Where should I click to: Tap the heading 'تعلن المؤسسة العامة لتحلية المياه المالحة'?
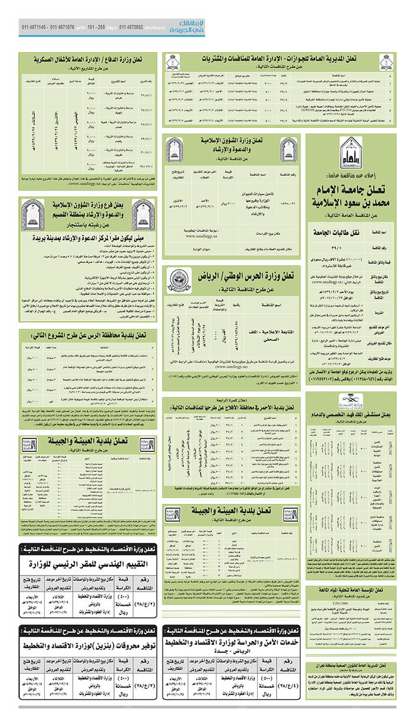351,589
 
